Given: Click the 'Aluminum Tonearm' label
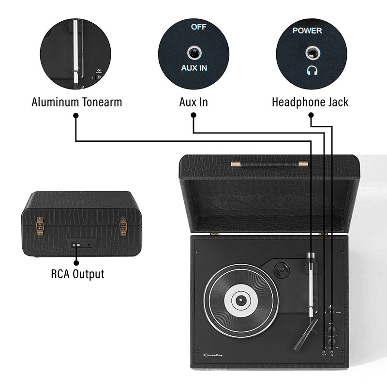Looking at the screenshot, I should pyautogui.click(x=76, y=102).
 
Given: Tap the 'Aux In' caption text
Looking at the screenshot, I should pyautogui.click(x=193, y=102).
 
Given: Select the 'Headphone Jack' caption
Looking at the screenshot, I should pyautogui.click(x=310, y=102).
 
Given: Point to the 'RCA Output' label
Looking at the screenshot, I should pyautogui.click(x=77, y=274).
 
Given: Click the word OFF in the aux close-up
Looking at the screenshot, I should pyautogui.click(x=198, y=27).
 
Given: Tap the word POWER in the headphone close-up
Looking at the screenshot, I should pyautogui.click(x=307, y=30).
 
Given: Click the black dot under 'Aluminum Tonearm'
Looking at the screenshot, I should pyautogui.click(x=75, y=116).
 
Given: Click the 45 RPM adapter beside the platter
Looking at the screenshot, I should pyautogui.click(x=280, y=268).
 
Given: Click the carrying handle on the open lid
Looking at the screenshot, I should pyautogui.click(x=269, y=164).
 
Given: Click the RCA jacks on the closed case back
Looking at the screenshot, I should pyautogui.click(x=76, y=245).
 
